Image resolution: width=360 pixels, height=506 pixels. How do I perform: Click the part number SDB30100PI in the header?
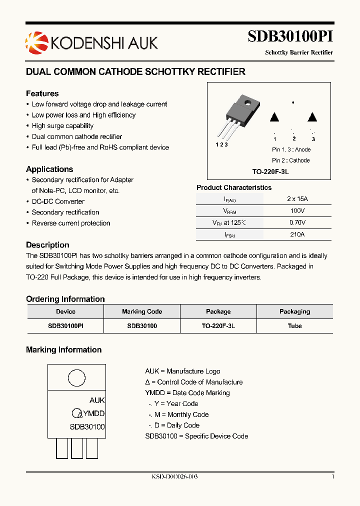point(290,37)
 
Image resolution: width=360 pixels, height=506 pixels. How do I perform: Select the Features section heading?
point(42,93)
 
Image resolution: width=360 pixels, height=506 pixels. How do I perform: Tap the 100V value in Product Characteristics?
point(297,211)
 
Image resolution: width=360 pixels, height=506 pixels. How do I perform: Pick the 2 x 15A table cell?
point(297,199)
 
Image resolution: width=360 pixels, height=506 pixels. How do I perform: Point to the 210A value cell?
point(297,234)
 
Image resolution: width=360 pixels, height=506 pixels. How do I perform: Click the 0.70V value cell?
point(297,222)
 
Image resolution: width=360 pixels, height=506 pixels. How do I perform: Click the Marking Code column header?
point(142,311)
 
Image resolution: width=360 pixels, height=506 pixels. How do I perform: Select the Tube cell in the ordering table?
point(294,325)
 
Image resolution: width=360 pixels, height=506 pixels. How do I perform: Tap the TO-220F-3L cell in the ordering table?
point(218,325)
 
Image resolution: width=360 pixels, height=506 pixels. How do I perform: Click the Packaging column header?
point(294,311)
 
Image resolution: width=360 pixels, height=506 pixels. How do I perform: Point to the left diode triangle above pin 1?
point(274,117)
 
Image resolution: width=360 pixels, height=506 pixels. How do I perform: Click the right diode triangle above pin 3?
point(312,117)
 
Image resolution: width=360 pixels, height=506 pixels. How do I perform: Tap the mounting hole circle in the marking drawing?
point(76,378)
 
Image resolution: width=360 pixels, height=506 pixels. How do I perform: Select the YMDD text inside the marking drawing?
point(93,413)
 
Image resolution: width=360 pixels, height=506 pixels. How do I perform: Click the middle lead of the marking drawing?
point(77,448)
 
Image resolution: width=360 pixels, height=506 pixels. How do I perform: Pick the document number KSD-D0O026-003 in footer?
point(175,476)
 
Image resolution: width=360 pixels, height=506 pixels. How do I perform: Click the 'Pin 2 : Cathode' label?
point(290,160)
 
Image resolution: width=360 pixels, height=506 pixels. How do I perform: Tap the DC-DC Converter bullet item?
point(58,201)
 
